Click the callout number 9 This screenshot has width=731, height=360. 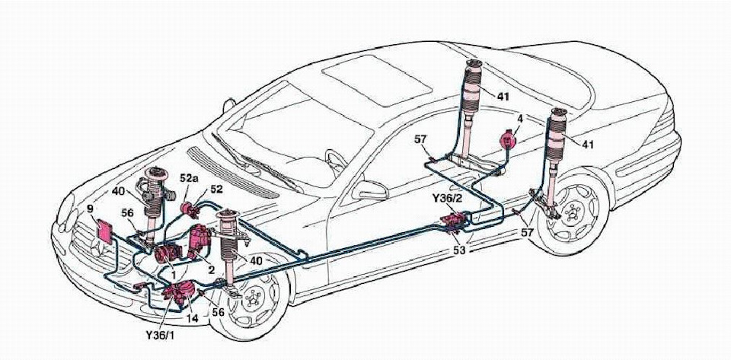click(91, 207)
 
